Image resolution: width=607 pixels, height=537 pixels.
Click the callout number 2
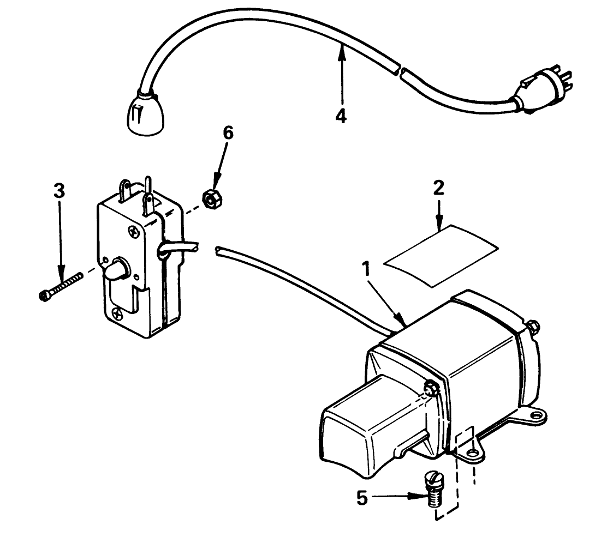click(x=438, y=189)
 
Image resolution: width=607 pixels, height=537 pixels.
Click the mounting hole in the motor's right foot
click(x=538, y=416)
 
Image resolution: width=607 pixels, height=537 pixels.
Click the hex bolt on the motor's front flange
click(x=431, y=389)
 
